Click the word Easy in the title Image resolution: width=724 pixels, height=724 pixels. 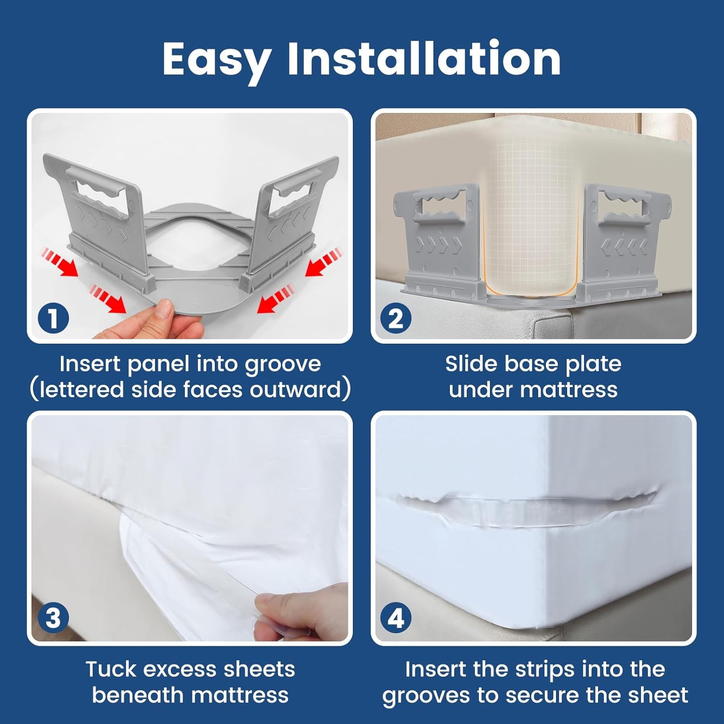click(x=217, y=60)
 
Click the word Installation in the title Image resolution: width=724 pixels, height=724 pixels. click(x=424, y=59)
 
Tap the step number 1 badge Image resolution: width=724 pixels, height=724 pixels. click(x=53, y=319)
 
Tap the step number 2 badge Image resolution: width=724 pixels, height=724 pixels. click(x=396, y=319)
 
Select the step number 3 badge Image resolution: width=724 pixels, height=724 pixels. click(x=53, y=618)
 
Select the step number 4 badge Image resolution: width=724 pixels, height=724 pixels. click(x=396, y=618)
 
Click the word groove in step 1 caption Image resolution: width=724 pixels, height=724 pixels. click(x=283, y=364)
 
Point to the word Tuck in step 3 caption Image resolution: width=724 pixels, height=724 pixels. click(x=110, y=669)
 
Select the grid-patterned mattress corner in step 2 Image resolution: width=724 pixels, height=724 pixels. click(x=531, y=217)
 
